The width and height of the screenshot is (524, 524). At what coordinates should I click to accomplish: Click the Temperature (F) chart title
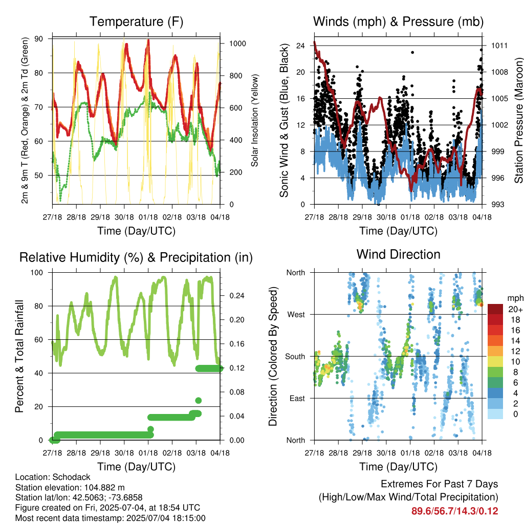click(x=136, y=21)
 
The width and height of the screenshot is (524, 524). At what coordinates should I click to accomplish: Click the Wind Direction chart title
click(x=398, y=254)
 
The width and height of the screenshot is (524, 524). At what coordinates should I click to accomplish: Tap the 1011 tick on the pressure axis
click(x=499, y=46)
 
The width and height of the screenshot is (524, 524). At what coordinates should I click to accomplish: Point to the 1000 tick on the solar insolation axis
click(x=237, y=43)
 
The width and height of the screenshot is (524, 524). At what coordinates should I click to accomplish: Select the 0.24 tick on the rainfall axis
click(x=237, y=296)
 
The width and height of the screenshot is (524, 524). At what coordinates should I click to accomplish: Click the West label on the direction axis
click(x=296, y=315)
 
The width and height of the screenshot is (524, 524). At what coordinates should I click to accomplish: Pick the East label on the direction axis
click(x=297, y=398)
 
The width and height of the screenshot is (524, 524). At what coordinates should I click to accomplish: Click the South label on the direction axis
click(x=295, y=357)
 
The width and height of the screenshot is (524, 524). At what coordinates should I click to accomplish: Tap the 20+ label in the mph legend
click(x=515, y=310)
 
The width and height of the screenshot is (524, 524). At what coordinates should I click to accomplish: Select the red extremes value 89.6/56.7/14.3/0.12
click(x=454, y=511)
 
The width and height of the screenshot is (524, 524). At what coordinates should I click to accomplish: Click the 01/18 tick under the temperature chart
click(x=148, y=217)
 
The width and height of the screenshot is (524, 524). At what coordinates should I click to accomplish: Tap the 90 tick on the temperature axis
click(x=39, y=39)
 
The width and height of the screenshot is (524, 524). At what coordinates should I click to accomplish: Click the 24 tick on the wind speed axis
click(x=300, y=46)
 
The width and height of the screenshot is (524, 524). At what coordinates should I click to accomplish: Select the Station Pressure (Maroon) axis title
click(x=518, y=120)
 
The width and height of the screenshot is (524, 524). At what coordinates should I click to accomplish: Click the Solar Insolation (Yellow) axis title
click(x=255, y=120)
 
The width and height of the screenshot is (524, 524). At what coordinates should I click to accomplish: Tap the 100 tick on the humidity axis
click(x=37, y=273)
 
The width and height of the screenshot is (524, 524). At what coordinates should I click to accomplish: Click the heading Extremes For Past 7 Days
click(x=440, y=484)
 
